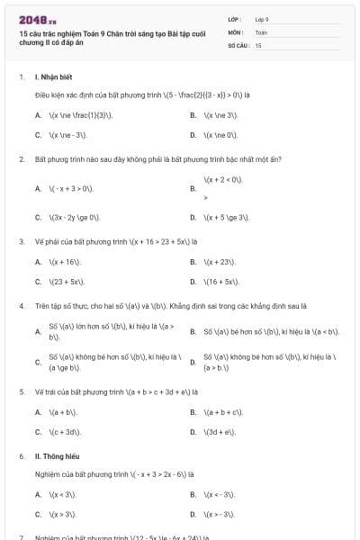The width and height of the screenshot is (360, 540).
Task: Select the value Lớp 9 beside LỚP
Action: (262, 19)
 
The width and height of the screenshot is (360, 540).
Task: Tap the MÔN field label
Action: (236, 31)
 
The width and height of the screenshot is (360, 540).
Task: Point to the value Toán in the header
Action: (261, 31)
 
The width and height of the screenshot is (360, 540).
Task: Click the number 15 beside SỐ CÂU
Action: (258, 44)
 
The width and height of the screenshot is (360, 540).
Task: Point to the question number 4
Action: (21, 306)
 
